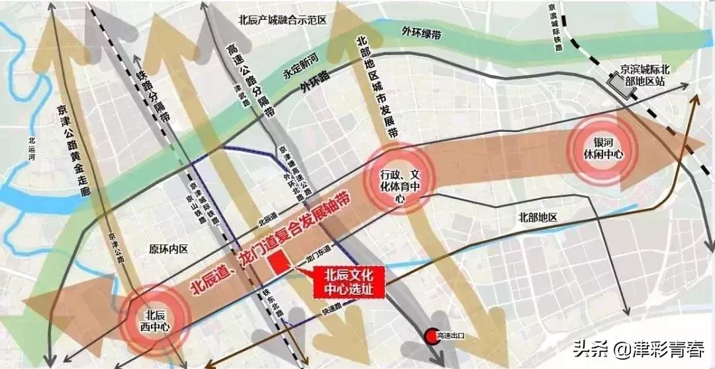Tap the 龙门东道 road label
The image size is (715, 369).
pyautogui.click(x=318, y=257)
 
